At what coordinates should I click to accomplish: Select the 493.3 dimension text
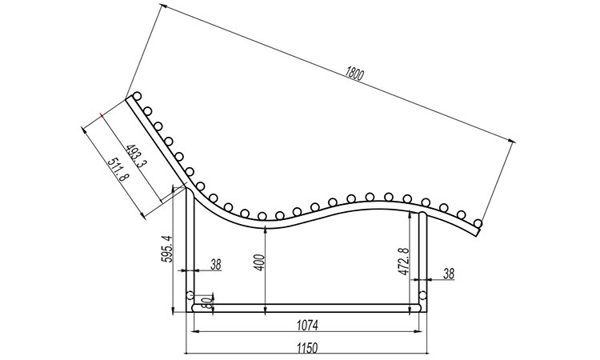pos(136,156)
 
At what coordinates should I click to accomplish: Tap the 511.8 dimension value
pos(118,169)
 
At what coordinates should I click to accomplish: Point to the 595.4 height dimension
pos(167,249)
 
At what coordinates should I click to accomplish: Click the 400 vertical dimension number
pos(260,262)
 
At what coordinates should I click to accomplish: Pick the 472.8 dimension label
pos(404,262)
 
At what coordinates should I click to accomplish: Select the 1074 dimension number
pos(307,326)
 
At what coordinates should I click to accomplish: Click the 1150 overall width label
pos(307,349)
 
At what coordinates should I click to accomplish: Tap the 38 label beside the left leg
pos(216,264)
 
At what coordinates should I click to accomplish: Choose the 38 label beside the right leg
pos(449,274)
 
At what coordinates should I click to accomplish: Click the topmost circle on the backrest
pos(137,96)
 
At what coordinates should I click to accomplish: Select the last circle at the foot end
pos(477,222)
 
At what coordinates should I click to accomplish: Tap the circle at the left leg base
pos(190,295)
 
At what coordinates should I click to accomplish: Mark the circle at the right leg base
pos(422,295)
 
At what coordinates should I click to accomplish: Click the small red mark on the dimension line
pos(101,114)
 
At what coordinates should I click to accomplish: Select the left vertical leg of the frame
pos(190,250)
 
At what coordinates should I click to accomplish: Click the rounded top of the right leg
pos(422,214)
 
